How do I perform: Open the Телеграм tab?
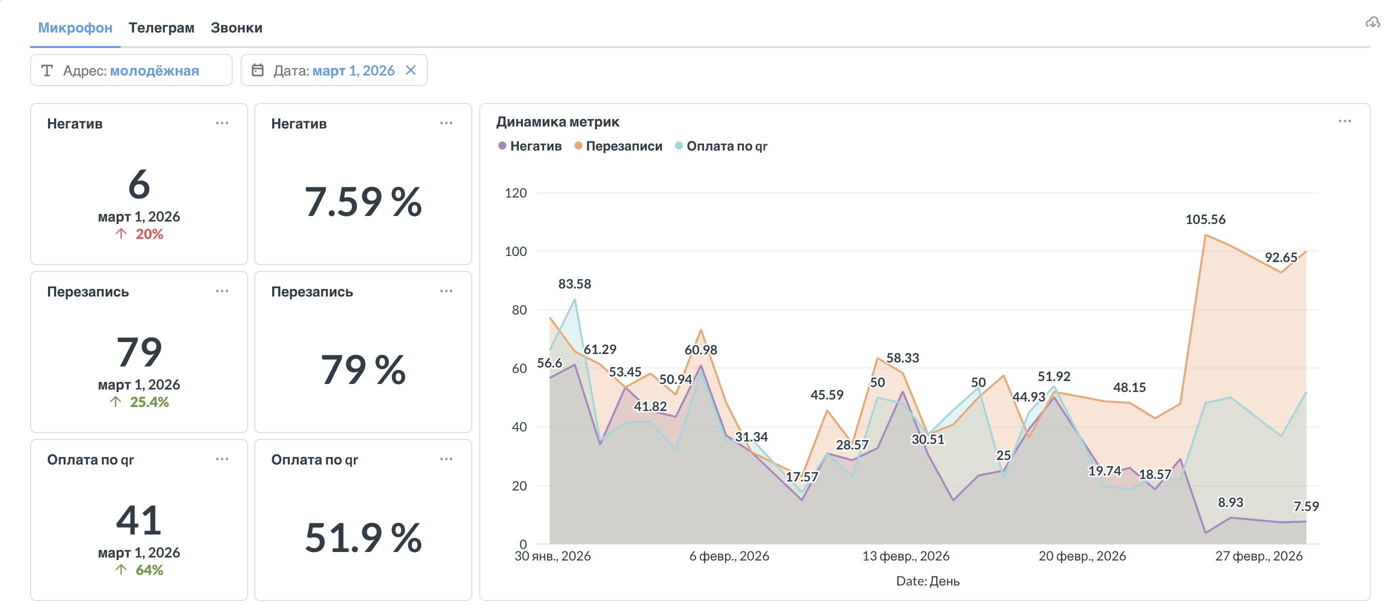[161, 27]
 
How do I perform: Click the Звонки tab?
[236, 27]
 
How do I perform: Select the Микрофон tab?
[75, 27]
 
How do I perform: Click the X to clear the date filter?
[411, 70]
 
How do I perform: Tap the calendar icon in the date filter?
[258, 70]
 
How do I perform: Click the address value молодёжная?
[154, 70]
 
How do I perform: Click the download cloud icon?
[1372, 22]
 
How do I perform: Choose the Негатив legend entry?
[530, 146]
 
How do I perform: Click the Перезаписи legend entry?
[618, 146]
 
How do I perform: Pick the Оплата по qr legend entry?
[721, 146]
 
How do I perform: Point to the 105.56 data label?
[1205, 219]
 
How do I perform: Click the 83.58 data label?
[574, 283]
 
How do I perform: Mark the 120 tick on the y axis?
[515, 193]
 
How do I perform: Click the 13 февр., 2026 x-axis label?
[906, 556]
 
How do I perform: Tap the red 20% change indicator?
[149, 234]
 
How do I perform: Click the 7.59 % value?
[363, 201]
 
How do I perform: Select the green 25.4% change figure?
[149, 401]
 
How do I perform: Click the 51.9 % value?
[363, 537]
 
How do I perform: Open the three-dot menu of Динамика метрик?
[1344, 121]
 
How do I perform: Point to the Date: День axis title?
[928, 580]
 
